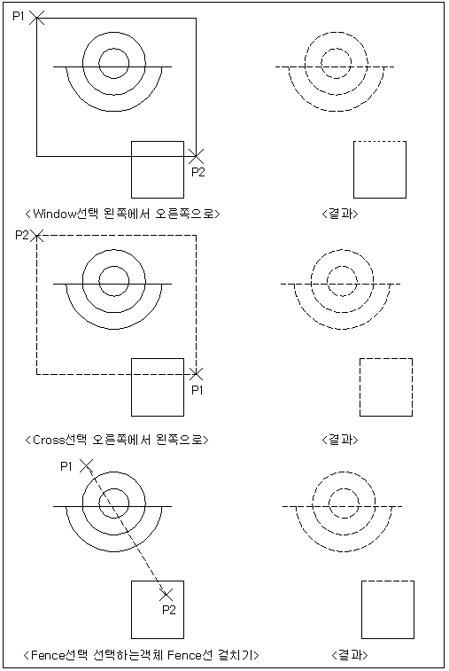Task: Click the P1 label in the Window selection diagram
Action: [x=19, y=16]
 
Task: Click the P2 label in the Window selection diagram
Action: [x=198, y=172]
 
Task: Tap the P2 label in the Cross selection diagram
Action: [x=22, y=235]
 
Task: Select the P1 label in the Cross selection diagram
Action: [x=197, y=390]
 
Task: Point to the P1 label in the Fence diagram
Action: [x=66, y=466]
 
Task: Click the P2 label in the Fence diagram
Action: [x=169, y=610]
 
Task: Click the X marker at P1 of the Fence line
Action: [x=87, y=465]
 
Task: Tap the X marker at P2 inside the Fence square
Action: [x=166, y=595]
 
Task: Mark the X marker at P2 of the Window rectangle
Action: [x=197, y=156]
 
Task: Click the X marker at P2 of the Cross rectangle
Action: [x=37, y=235]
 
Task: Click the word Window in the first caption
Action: [x=54, y=214]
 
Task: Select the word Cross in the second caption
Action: [x=49, y=440]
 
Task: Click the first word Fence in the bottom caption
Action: [x=47, y=655]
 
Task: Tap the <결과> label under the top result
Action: [x=339, y=214]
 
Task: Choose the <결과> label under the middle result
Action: [x=339, y=440]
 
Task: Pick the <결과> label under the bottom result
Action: [x=350, y=655]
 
